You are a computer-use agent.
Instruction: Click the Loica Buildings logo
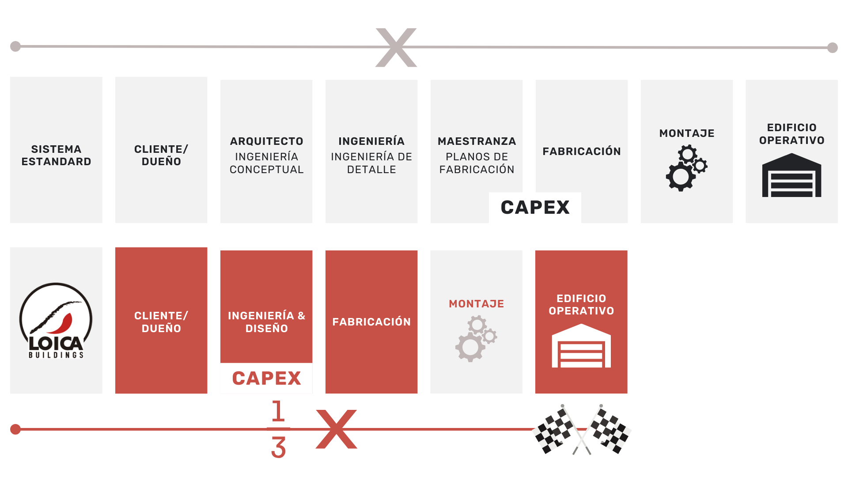click(56, 321)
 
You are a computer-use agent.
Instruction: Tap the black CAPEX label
click(535, 207)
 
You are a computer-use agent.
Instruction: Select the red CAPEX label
click(266, 378)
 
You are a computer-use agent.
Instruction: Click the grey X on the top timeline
click(396, 47)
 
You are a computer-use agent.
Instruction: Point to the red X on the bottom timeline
click(336, 429)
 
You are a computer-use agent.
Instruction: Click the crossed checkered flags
click(582, 429)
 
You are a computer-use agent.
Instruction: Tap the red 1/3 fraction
click(278, 429)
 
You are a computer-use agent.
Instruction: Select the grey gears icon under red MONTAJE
click(476, 338)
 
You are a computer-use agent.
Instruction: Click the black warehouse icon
click(791, 175)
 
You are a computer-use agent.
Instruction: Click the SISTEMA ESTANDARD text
click(56, 155)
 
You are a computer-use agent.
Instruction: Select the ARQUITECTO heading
click(266, 141)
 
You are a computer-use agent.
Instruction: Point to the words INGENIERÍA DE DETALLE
click(371, 163)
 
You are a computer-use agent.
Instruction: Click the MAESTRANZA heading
click(477, 141)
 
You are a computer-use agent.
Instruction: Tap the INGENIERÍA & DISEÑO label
click(266, 322)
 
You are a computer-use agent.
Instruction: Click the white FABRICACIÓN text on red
click(371, 322)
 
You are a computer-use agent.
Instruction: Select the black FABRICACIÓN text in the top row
click(582, 151)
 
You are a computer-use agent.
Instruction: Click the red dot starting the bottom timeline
click(15, 429)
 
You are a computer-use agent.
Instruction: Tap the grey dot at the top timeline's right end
click(832, 47)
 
